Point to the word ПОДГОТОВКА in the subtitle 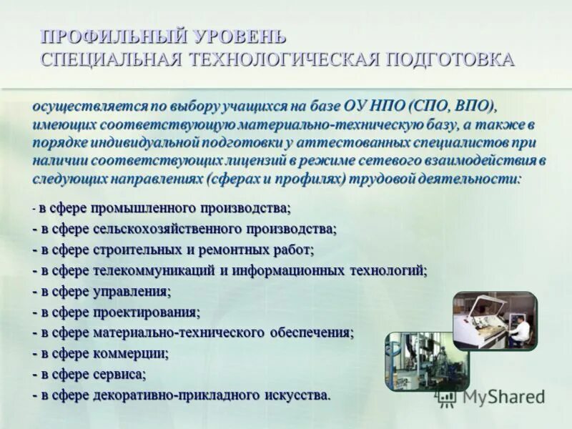click(x=450, y=59)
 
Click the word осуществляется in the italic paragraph click(x=89, y=107)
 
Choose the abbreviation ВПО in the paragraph click(x=474, y=107)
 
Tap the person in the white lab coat click(x=521, y=328)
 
